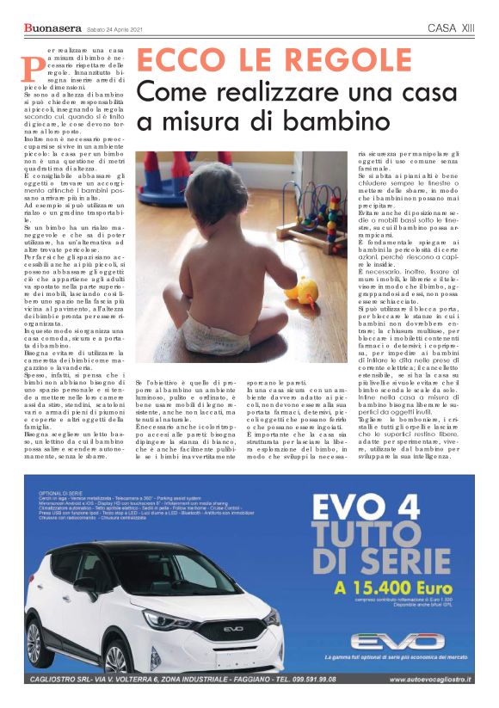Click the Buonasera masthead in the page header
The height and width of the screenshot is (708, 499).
52,29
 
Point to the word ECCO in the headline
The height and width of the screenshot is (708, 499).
176,61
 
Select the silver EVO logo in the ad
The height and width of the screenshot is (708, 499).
397,641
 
